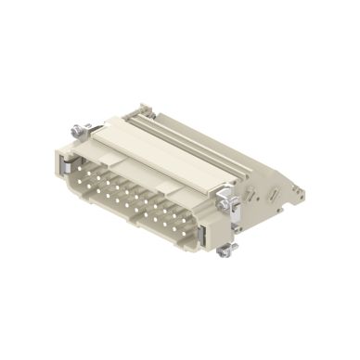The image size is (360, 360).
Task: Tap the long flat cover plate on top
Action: coord(158,148)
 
